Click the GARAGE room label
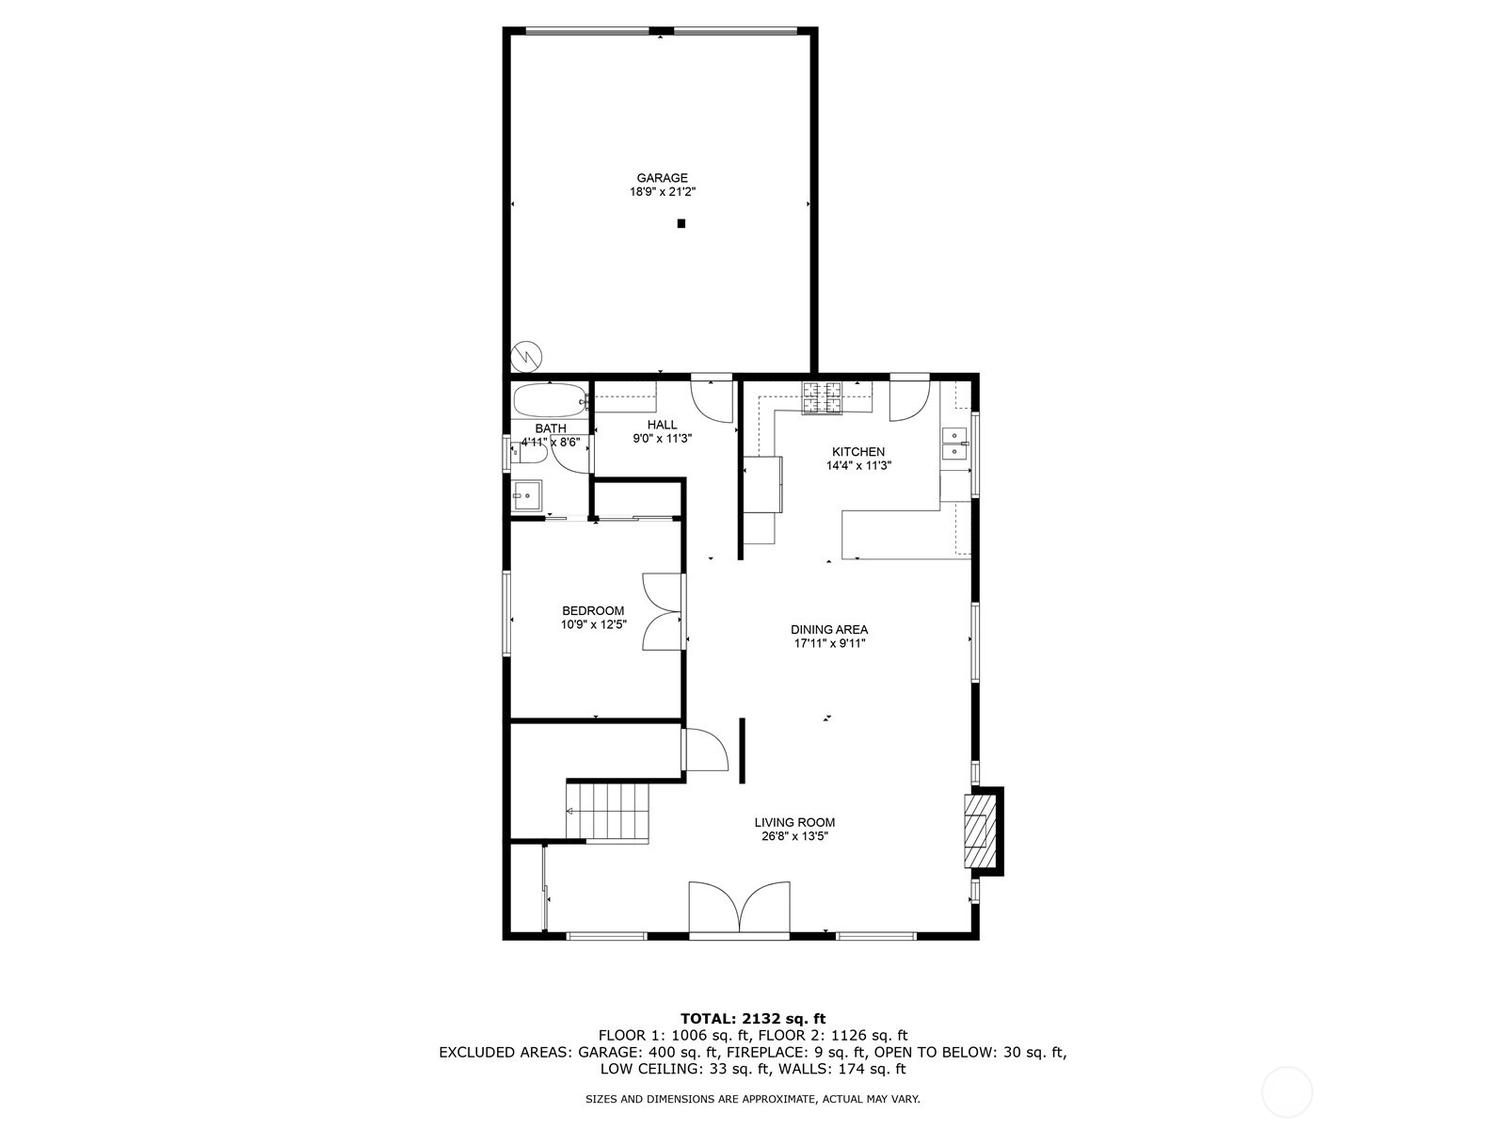[662, 178]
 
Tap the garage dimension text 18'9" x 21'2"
[663, 192]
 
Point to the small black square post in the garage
[681, 223]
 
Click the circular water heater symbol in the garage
[526, 357]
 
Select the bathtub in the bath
[550, 400]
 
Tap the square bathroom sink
[527, 495]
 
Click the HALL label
[662, 425]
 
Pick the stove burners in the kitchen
[822, 398]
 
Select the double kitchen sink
[954, 444]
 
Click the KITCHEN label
[858, 451]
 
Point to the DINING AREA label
[829, 629]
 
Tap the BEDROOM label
[594, 610]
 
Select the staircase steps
[608, 812]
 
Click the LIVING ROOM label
[794, 822]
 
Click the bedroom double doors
[662, 611]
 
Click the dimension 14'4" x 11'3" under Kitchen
[859, 466]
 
